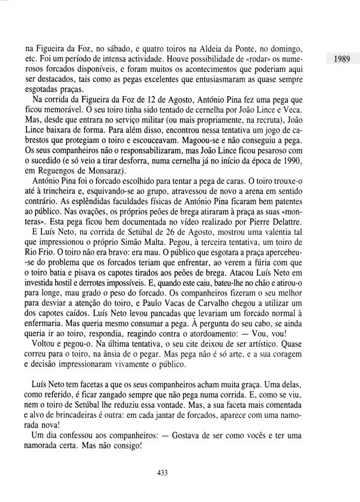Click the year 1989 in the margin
point(338,59)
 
